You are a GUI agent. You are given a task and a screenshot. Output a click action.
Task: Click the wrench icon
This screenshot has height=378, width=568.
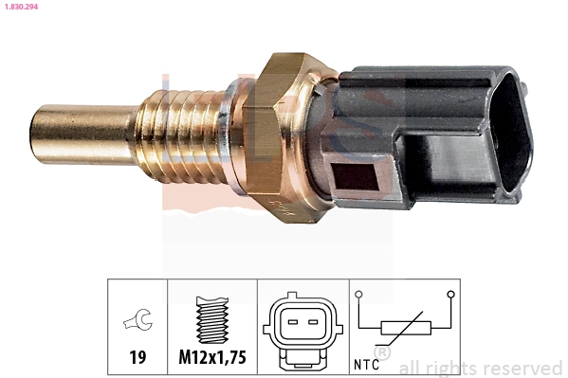pyautogui.click(x=137, y=322)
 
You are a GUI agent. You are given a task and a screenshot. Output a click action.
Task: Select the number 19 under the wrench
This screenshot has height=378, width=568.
pyautogui.click(x=137, y=358)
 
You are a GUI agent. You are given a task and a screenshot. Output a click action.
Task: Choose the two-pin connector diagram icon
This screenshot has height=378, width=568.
pyautogui.click(x=298, y=327)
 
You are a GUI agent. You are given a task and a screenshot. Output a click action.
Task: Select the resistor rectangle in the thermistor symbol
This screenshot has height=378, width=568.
pyautogui.click(x=406, y=329)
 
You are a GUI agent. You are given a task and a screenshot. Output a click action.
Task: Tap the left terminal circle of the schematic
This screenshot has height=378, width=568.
pyautogui.click(x=360, y=295)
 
